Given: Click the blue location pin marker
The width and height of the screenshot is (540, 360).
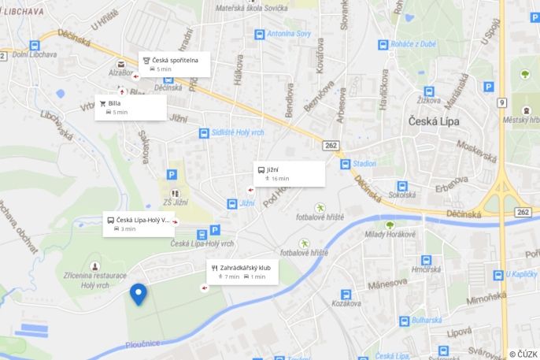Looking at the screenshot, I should pos(139,294).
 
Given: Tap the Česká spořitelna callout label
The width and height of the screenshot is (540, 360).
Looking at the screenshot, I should pos(174,64).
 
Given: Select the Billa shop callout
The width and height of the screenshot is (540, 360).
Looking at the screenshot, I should pos(131,107).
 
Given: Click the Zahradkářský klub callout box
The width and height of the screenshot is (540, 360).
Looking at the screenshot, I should pos(242,272).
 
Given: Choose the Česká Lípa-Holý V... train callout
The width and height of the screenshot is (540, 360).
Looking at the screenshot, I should pos(139,224).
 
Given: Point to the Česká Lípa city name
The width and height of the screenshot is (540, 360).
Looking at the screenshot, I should pos(438,121).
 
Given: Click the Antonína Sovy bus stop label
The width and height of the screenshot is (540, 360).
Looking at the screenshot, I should pos(289,34).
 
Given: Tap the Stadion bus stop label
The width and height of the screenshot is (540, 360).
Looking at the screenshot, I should pos(364,165).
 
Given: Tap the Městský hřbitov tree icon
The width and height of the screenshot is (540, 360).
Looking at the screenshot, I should pos(525,75).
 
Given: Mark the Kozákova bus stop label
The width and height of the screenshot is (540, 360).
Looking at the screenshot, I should pos(346,303).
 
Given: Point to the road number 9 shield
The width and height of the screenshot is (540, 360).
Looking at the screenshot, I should pos(502,102).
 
